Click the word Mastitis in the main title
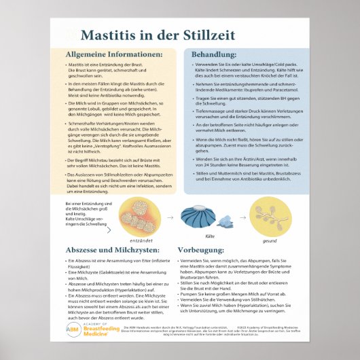pos(113,35)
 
